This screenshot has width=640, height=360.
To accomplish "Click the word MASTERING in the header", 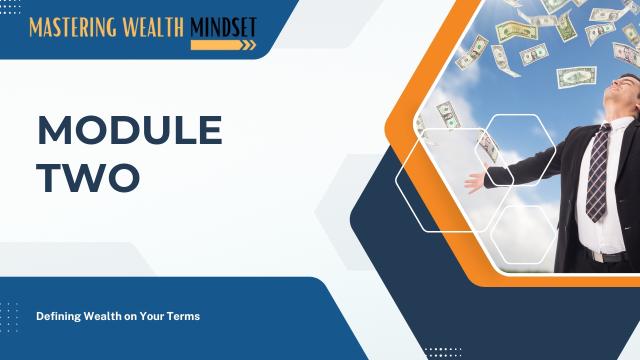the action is [73, 27].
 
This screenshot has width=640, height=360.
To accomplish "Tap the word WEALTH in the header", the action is [153, 27].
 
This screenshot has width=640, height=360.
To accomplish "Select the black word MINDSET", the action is [223, 27].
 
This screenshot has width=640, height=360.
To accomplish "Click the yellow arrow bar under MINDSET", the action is [217, 45].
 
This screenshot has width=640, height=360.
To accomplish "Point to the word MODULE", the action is [130, 130].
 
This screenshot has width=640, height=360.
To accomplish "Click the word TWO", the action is [88, 177].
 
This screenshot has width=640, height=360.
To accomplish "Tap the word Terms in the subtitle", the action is [183, 316].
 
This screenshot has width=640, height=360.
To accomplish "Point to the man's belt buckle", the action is [598, 256].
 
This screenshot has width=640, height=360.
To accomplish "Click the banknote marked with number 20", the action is [516, 31].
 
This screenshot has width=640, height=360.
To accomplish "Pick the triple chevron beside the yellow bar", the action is [249, 45].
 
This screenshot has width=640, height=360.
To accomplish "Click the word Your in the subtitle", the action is [151, 316].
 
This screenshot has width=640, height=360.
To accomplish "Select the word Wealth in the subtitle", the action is [102, 316].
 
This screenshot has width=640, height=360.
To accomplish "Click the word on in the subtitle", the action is [130, 317].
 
